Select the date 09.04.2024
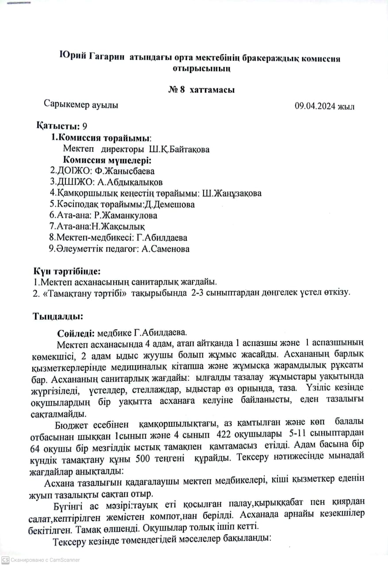tap(315, 106)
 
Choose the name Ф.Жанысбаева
tap(127, 171)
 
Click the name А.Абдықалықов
tap(128, 182)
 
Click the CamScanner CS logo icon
tap(5, 559)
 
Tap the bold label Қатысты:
tap(55, 126)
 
